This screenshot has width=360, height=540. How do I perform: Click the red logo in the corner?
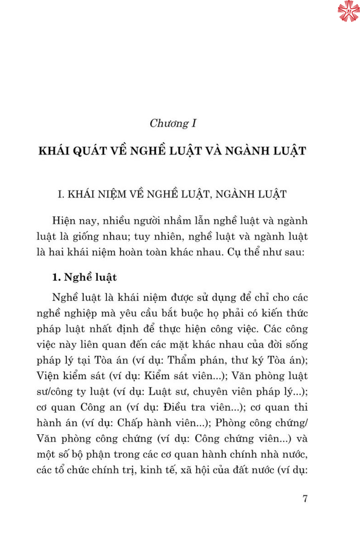point(348,11)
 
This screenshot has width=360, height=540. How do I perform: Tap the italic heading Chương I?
point(173,123)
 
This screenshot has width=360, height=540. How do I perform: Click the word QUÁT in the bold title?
point(90,151)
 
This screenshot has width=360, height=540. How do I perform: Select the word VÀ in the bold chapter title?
point(213,151)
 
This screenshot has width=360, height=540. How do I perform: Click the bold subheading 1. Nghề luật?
point(85,277)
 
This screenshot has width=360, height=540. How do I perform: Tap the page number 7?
point(305,499)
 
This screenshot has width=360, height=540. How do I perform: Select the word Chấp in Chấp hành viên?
point(130,423)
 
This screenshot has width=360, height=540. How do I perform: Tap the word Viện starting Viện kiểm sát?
point(48,376)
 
